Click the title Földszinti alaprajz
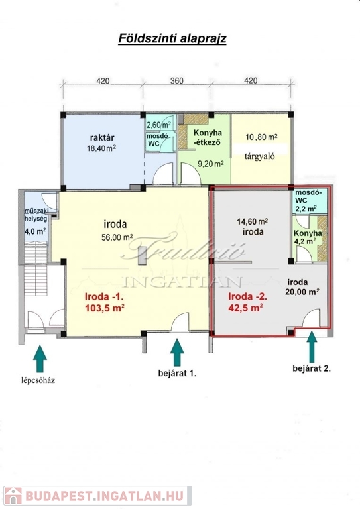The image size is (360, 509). (172, 38)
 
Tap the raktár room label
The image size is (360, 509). (102, 137)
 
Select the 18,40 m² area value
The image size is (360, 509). (101, 148)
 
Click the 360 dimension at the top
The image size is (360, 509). (177, 80)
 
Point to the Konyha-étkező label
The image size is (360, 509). (208, 137)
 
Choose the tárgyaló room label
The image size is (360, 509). (260, 156)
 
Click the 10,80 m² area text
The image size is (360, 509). (261, 137)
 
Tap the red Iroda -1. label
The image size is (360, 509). (104, 296)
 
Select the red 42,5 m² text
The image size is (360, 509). (246, 308)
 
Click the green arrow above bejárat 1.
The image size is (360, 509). (177, 353)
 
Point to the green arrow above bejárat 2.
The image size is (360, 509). (312, 347)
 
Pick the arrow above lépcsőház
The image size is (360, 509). (40, 359)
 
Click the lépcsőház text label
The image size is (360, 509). (38, 380)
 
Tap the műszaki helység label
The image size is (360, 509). (36, 215)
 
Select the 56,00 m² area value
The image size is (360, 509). (117, 237)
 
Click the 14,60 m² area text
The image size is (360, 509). (252, 222)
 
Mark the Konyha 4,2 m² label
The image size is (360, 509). (308, 237)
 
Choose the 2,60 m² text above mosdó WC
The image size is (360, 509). (159, 125)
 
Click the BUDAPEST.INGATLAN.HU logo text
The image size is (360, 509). (105, 496)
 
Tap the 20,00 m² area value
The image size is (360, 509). (302, 292)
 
